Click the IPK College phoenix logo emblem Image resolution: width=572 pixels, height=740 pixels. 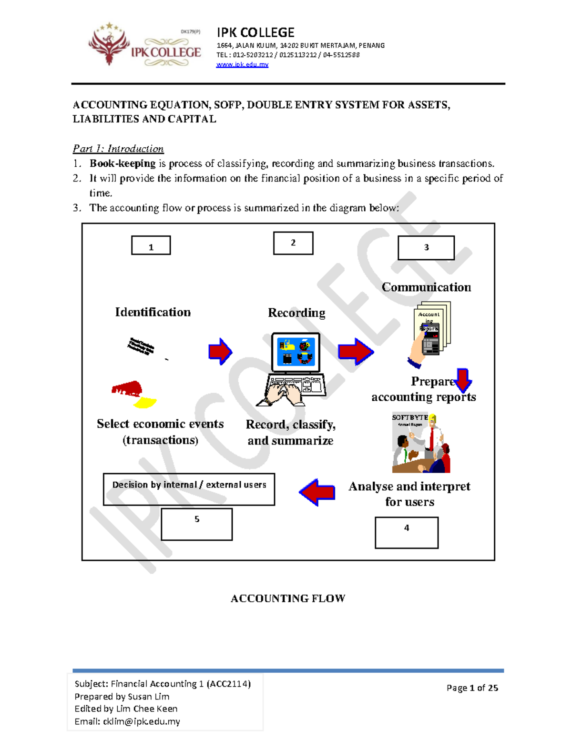click(x=109, y=44)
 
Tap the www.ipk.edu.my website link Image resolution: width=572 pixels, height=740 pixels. click(x=242, y=64)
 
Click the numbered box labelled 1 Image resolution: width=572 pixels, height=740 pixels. click(x=151, y=245)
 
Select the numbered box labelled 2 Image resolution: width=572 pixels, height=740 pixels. click(x=293, y=243)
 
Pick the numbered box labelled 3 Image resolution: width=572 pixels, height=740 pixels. click(x=426, y=248)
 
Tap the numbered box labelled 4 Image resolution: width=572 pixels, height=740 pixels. click(x=407, y=533)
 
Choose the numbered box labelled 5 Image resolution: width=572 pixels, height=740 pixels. click(x=196, y=524)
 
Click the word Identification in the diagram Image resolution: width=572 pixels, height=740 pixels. click(x=153, y=312)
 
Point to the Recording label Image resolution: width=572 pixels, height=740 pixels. click(x=296, y=313)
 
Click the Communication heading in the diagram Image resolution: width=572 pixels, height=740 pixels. click(x=426, y=287)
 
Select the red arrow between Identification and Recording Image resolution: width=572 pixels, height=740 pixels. click(x=220, y=352)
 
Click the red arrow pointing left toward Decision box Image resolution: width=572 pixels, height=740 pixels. click(x=317, y=492)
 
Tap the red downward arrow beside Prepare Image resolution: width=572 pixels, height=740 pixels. click(x=463, y=380)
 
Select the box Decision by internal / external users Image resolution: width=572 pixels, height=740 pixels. click(x=189, y=489)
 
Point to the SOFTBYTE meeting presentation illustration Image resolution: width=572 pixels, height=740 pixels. click(x=421, y=443)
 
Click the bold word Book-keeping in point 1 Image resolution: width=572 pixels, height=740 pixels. click(x=123, y=163)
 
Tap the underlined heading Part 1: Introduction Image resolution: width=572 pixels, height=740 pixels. click(x=118, y=149)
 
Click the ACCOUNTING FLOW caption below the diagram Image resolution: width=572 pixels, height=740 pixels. click(x=288, y=598)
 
